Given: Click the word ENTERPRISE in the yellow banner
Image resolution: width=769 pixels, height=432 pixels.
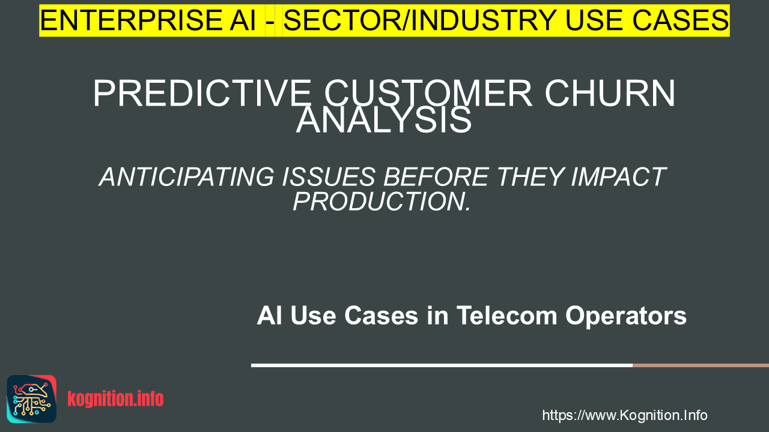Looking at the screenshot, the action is tap(131, 20).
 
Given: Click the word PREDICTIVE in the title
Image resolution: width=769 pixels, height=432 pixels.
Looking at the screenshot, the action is tap(202, 94).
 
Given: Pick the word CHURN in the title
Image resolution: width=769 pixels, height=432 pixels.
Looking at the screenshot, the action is tap(610, 94).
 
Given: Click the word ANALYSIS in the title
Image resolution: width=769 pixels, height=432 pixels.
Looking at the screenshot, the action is tap(384, 119).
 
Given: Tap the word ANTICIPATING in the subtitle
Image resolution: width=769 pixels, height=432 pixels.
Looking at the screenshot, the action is tap(187, 177).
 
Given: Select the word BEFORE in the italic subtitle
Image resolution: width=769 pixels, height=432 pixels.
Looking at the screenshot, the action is tap(436, 177).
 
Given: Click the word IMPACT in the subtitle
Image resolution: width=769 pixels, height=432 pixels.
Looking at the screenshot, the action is tap(619, 177).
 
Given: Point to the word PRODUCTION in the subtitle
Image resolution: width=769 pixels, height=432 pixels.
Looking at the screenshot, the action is tap(378, 201).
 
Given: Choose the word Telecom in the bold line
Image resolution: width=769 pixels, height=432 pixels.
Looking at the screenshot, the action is tap(507, 316).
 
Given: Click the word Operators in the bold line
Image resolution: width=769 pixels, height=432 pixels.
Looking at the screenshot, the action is tap(626, 316).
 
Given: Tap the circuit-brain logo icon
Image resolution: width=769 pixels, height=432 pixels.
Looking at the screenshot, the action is tap(32, 399).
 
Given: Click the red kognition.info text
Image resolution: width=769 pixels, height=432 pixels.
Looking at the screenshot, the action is tap(115, 399).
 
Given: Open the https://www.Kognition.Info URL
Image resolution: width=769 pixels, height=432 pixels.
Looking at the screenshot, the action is tap(625, 415).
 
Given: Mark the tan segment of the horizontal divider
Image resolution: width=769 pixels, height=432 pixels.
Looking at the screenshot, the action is tap(701, 365).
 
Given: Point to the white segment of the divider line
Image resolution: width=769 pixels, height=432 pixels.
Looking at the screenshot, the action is tap(442, 365).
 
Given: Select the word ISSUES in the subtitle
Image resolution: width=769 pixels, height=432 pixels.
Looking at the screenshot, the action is tap(329, 177).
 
